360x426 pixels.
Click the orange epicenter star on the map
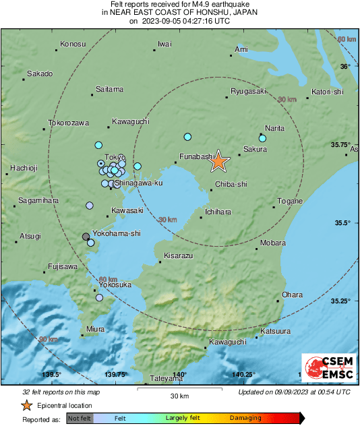tap(218, 161)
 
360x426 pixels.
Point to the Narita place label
tap(274, 128)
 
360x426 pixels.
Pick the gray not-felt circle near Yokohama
tap(86, 237)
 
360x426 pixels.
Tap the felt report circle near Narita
tap(263, 139)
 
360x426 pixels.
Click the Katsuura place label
tap(275, 331)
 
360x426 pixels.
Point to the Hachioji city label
tap(25, 168)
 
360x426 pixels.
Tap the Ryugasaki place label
tap(249, 91)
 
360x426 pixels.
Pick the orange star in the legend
tap(26, 405)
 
